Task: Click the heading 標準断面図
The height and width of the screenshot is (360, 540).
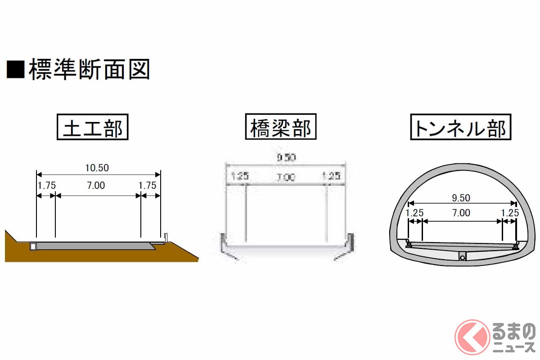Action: pos(89,70)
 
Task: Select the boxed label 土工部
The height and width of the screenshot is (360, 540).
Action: pos(93,128)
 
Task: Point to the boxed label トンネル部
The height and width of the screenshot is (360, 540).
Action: pos(461,127)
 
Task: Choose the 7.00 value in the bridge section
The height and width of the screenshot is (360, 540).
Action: pos(286,177)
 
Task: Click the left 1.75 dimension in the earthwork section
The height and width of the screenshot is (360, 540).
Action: pos(46,185)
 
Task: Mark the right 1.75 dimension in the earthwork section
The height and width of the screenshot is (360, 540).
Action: pos(147,185)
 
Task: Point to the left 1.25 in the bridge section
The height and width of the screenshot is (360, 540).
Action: pos(240,176)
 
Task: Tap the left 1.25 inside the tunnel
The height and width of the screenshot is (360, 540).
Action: pos(414,213)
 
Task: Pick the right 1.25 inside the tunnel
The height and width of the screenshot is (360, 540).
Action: pos(510,213)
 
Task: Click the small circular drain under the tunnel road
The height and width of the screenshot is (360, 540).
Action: pos(462,257)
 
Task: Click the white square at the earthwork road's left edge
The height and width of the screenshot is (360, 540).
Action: pos(33,246)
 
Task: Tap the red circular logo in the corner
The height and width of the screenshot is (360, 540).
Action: pos(472,337)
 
